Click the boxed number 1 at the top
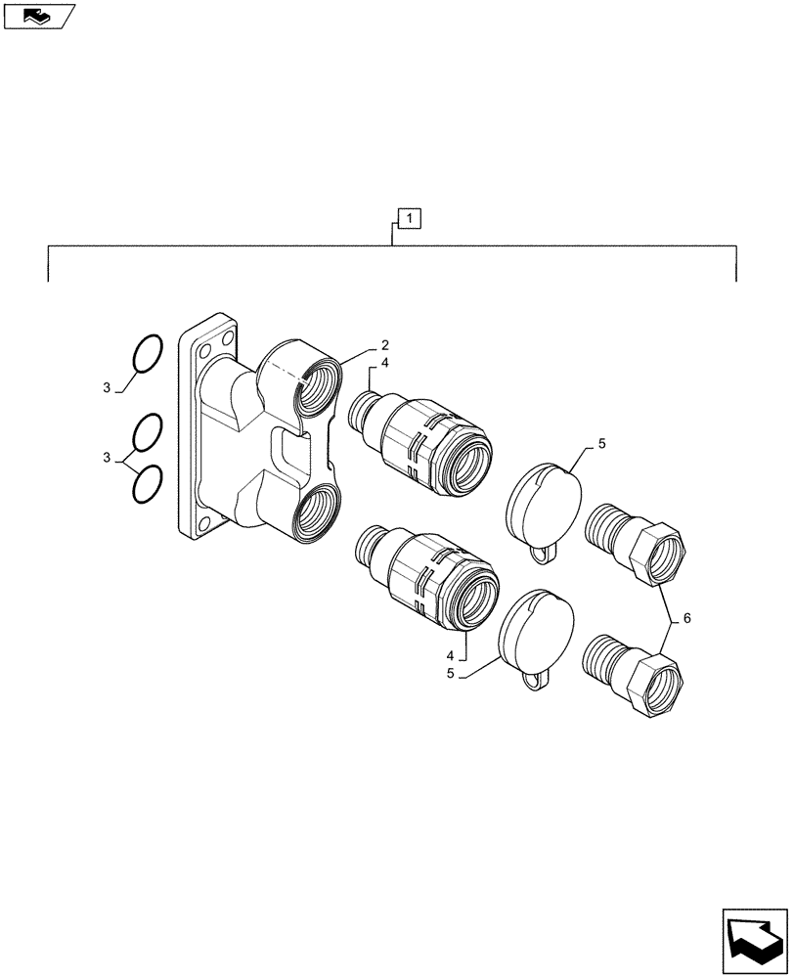click(x=408, y=217)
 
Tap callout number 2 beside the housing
click(x=385, y=345)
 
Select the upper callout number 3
click(x=106, y=388)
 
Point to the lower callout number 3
click(x=106, y=459)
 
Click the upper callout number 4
click(x=385, y=363)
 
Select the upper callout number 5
click(x=601, y=444)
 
